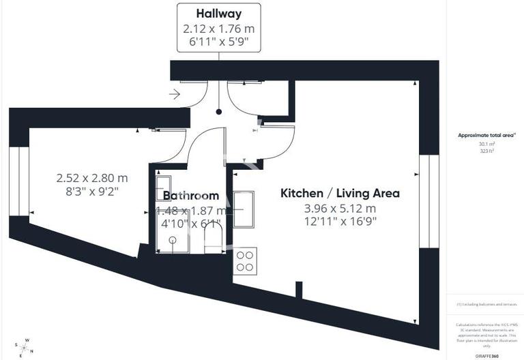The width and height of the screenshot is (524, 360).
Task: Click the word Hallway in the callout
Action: [x=218, y=14]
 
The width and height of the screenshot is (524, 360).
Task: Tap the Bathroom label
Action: [x=190, y=196]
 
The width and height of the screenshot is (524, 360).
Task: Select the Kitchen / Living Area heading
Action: [x=340, y=193]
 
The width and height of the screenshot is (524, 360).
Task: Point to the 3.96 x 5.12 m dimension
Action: [x=340, y=208]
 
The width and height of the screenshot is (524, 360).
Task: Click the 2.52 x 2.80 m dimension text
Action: [x=92, y=178]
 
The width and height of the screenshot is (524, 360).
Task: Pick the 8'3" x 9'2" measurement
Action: [x=92, y=191]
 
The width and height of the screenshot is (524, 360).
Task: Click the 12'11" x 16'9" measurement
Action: [x=340, y=221]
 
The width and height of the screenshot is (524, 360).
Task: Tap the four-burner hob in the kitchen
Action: [x=245, y=262]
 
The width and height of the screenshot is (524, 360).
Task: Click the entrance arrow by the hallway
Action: [x=174, y=95]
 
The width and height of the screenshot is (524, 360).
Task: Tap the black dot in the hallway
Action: [x=218, y=111]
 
